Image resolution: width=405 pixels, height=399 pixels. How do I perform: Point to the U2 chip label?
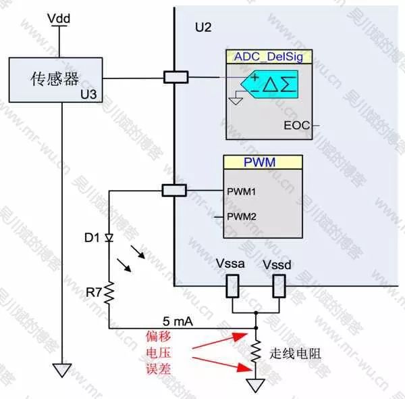202,28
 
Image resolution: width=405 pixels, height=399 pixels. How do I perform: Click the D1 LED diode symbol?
109,239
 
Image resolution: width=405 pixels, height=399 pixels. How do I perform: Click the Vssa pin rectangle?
232,287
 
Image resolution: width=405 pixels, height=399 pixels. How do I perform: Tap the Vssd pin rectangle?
279,287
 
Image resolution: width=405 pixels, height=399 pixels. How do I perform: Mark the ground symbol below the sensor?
61,371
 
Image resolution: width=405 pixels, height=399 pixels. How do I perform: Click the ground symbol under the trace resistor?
256,385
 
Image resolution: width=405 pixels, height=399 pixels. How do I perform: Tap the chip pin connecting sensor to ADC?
175,78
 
